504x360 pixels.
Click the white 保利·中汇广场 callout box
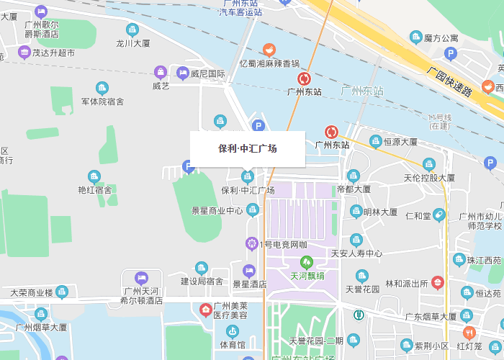point(247,149)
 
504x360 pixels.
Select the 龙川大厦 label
point(133,43)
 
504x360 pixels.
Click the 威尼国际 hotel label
point(208,73)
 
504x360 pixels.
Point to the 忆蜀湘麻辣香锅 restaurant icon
point(269,50)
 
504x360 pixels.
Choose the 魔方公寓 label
point(441,38)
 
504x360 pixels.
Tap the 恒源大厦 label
point(400,142)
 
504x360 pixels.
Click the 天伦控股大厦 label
point(429,177)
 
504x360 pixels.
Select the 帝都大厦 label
point(354,189)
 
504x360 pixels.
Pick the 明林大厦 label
point(380,212)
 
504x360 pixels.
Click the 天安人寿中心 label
point(356,253)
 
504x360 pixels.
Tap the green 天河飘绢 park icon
point(307,262)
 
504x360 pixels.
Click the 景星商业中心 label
point(217,211)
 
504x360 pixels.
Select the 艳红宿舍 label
point(94,190)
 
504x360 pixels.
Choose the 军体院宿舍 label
point(102,102)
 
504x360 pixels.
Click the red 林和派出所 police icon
point(437,283)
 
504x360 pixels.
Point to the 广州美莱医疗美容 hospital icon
point(205,310)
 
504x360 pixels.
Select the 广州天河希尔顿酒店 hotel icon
point(141,277)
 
